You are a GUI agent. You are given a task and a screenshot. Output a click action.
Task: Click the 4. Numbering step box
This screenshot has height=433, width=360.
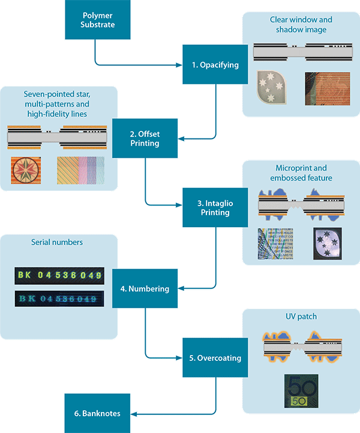(145, 288)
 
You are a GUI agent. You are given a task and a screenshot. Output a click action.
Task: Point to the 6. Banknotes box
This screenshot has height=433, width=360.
(96, 413)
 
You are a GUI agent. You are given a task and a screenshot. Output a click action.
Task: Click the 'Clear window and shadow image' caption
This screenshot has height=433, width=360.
(301, 25)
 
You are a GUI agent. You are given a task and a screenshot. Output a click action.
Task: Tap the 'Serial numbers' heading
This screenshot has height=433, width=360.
(58, 243)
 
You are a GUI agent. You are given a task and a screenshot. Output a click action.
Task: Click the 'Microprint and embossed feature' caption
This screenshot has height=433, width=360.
(301, 173)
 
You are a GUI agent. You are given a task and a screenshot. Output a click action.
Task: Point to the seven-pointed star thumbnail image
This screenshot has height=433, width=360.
(26, 170)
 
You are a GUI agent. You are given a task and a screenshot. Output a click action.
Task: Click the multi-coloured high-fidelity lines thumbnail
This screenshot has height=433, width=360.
(80, 170)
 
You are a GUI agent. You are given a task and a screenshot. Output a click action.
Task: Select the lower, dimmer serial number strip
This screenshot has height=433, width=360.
(58, 298)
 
